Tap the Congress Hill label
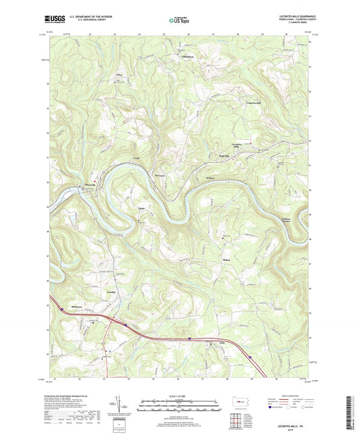click(253, 105)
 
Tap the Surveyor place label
click(160, 174)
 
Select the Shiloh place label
click(227, 259)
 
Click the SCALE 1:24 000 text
click(180, 396)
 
